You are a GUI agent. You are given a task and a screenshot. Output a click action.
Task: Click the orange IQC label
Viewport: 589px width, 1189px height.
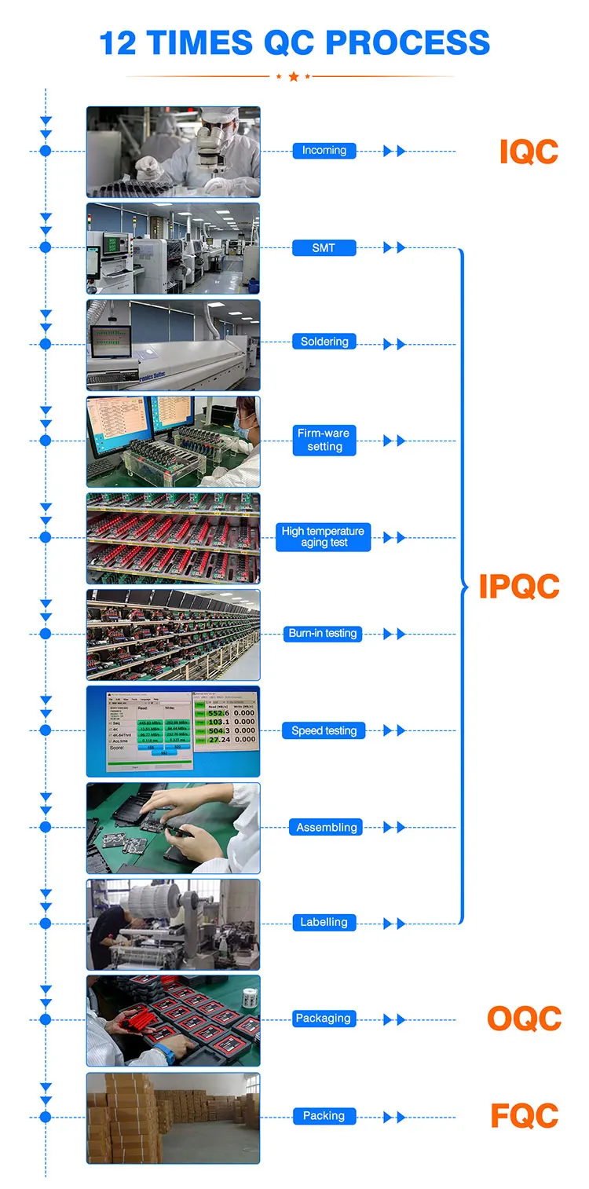[x=529, y=152]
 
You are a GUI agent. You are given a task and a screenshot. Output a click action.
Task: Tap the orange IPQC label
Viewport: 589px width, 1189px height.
[x=519, y=587]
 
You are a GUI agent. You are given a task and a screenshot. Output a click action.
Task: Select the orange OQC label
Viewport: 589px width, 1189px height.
[x=524, y=1019]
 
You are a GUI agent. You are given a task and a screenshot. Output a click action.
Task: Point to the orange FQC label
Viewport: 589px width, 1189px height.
[x=524, y=1116]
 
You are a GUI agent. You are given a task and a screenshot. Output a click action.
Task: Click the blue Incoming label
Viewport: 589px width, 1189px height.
[x=324, y=151]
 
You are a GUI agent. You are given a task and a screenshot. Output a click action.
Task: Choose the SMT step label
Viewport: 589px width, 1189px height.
[x=324, y=248]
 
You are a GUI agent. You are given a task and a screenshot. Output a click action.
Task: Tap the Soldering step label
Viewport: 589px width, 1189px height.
[x=324, y=342]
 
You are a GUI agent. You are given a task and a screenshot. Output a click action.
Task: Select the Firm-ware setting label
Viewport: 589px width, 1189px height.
[x=324, y=440]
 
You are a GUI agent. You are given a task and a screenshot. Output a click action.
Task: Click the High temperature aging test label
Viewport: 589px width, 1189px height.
[x=323, y=537]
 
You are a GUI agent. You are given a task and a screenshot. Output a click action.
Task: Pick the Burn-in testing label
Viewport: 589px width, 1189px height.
[x=323, y=634]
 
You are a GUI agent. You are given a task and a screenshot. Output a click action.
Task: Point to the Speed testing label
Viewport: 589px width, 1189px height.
[x=324, y=731]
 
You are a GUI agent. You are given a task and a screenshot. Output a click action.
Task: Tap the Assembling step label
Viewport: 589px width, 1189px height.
[x=327, y=828]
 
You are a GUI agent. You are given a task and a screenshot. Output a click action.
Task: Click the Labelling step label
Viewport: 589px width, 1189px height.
[x=324, y=923]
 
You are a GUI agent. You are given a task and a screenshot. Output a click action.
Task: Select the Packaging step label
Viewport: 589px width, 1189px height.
[x=323, y=1019]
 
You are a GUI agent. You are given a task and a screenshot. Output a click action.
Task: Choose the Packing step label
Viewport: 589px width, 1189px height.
[x=324, y=1116]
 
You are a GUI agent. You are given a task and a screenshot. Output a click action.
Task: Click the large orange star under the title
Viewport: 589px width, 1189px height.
[x=294, y=76]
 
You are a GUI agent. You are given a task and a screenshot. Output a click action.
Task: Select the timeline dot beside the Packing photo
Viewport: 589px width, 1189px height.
[x=46, y=1117]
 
